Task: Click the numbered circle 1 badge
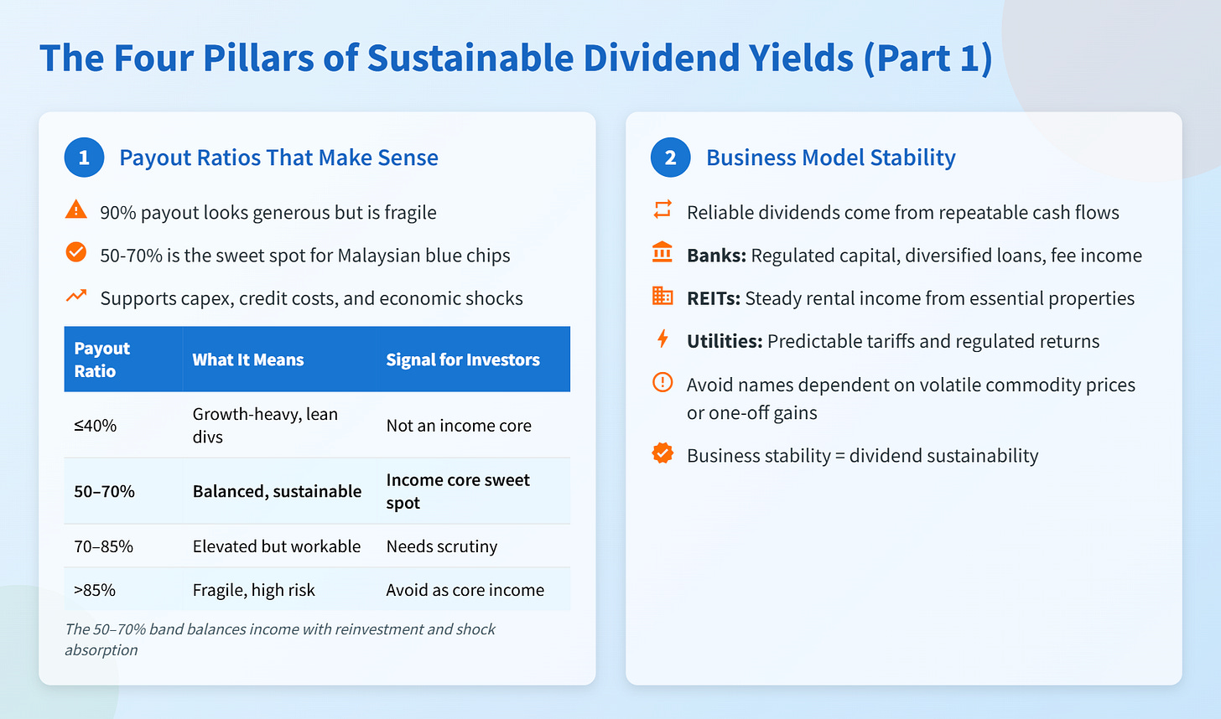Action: [84, 158]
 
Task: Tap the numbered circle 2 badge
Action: [670, 158]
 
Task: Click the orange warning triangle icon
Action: [76, 209]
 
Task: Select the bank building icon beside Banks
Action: [662, 252]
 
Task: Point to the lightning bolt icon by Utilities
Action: [662, 339]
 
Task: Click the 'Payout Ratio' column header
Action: [102, 359]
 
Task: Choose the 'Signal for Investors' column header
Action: [463, 359]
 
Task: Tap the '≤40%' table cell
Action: [96, 426]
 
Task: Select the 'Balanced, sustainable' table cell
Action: [277, 491]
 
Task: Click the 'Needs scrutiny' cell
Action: [442, 546]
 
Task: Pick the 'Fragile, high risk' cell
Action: [254, 590]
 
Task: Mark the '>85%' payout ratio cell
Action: [95, 590]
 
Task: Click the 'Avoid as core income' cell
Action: [465, 590]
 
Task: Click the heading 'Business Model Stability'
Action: [831, 158]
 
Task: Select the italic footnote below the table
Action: [280, 639]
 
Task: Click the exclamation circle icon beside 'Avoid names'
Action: [662, 383]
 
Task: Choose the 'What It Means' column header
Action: [248, 359]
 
